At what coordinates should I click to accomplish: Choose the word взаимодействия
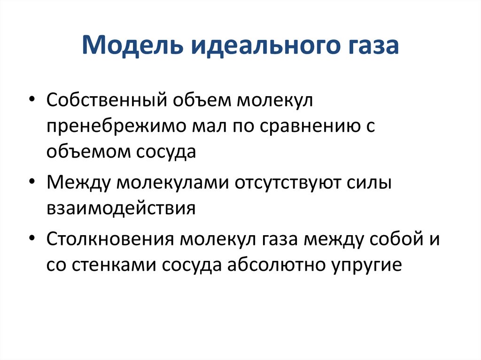point(121,208)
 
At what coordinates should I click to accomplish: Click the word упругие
point(366,266)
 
